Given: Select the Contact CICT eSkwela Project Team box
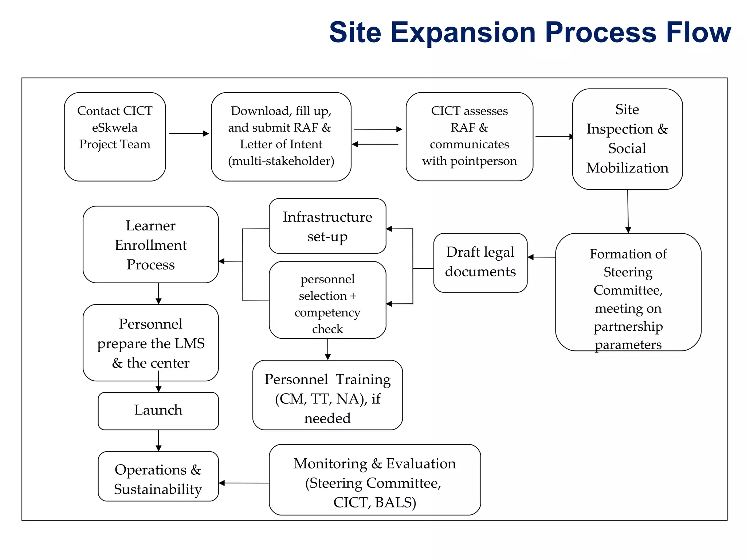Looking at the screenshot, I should (115, 136).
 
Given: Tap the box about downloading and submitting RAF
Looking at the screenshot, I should (281, 136).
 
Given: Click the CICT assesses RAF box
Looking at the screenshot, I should (469, 136).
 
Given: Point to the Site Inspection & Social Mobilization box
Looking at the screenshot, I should (627, 139).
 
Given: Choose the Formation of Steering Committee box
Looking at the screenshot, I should (628, 292).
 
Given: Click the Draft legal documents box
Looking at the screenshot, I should (480, 262).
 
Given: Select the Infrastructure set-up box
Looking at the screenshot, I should (327, 226).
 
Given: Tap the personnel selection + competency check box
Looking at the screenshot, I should (327, 300).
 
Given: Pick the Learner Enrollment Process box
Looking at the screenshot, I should (150, 244).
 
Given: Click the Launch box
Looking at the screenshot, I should (158, 411).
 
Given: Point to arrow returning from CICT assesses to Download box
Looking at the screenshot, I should (375, 144).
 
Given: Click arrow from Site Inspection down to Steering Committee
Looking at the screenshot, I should (628, 211).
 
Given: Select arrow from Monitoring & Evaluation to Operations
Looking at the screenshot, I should (244, 483).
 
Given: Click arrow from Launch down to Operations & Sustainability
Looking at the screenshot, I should (158, 440).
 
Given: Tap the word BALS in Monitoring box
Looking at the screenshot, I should (395, 502).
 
